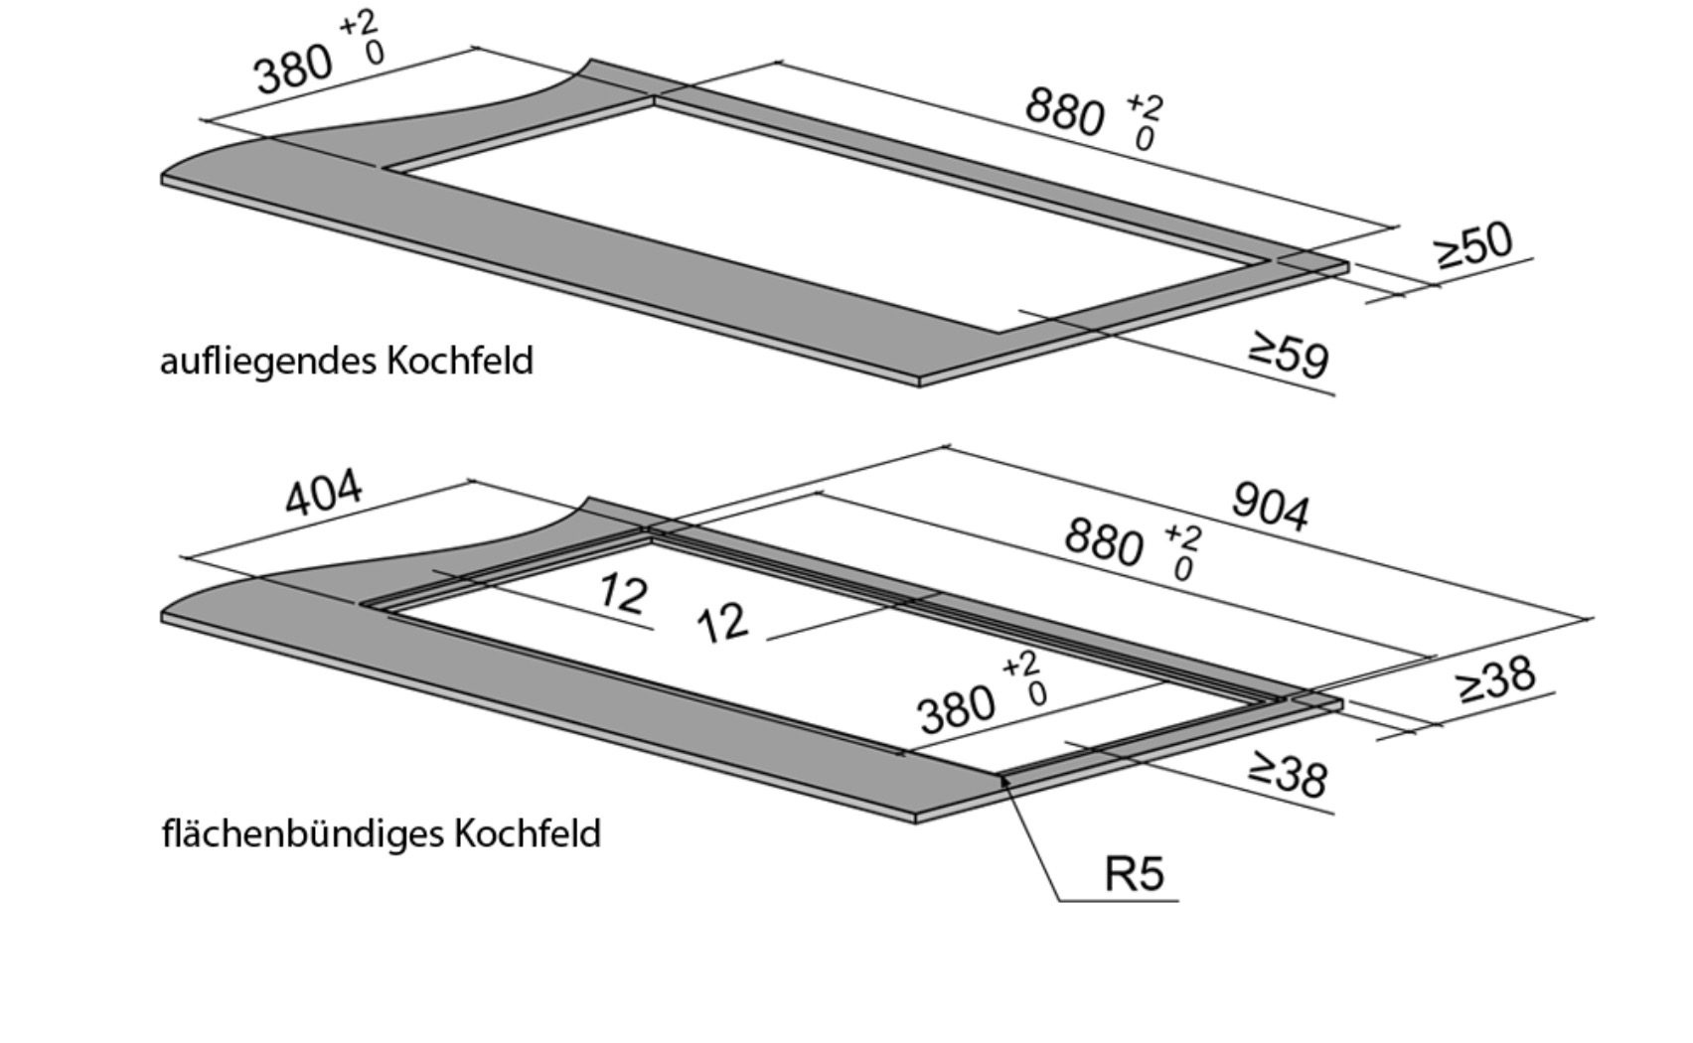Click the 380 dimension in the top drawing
pyautogui.click(x=294, y=71)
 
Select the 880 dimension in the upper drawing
pyautogui.click(x=1064, y=110)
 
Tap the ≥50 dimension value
pyautogui.click(x=1474, y=245)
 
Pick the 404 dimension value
pyautogui.click(x=324, y=494)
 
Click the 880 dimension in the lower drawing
pyautogui.click(x=1104, y=542)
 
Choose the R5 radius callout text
pyautogui.click(x=1134, y=874)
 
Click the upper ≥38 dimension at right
pyautogui.click(x=1496, y=679)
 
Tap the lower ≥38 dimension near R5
pyautogui.click(x=1288, y=774)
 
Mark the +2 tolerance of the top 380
pyautogui.click(x=359, y=23)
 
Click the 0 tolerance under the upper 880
pyautogui.click(x=1145, y=138)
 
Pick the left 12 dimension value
pyautogui.click(x=624, y=593)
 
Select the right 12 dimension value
pyautogui.click(x=722, y=624)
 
